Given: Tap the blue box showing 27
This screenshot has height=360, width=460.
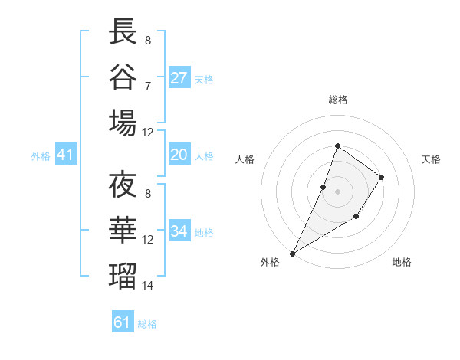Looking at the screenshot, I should tap(179, 77).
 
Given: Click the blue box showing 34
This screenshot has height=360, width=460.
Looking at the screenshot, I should tap(179, 231).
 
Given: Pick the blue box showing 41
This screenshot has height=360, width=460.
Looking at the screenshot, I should tap(65, 155).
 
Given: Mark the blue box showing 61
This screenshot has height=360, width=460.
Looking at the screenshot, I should tap(123, 322).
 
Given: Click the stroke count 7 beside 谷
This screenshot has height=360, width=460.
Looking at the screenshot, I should tap(148, 86).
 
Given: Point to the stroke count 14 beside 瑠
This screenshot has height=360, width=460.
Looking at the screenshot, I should tap(148, 286).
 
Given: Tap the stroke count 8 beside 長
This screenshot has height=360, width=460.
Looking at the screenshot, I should tap(148, 41).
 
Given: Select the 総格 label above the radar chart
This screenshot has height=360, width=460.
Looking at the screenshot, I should tap(337, 100).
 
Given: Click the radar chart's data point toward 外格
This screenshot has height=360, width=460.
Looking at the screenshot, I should tap(292, 253).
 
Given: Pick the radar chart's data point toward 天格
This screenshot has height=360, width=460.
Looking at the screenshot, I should tap(381, 177).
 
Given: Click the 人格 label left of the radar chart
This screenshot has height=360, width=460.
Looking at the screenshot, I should tap(245, 159).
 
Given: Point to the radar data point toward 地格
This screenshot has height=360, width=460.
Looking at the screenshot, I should tap(356, 218).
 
